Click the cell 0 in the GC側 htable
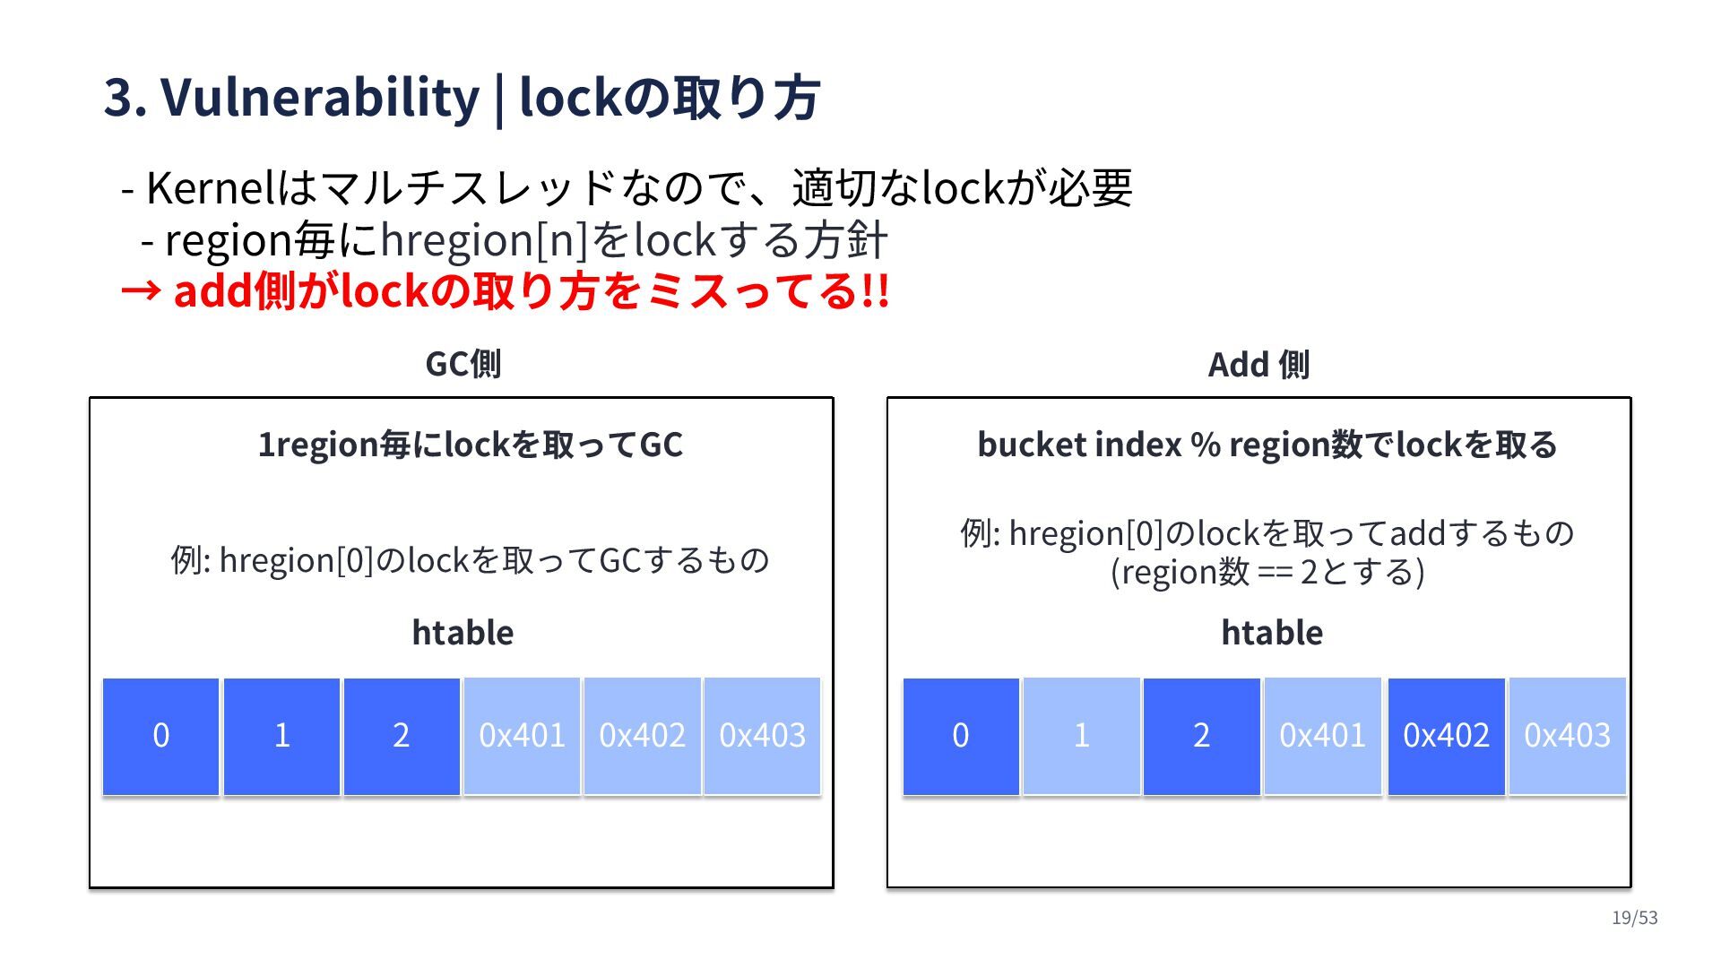pyautogui.click(x=160, y=736)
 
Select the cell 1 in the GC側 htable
pyautogui.click(x=281, y=736)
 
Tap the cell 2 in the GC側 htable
pyautogui.click(x=402, y=736)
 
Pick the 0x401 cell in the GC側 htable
pyautogui.click(x=522, y=736)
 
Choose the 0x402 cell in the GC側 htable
pyautogui.click(x=642, y=736)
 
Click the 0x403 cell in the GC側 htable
pyautogui.click(x=762, y=736)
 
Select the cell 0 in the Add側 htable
pyautogui.click(x=961, y=736)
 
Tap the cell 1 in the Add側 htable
pyautogui.click(x=1081, y=736)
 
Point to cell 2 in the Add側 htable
pyautogui.click(x=1201, y=736)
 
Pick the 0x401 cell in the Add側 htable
pyautogui.click(x=1322, y=736)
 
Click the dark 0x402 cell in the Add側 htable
pyautogui.click(x=1446, y=736)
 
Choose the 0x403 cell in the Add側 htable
pyautogui.click(x=1567, y=736)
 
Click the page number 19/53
pyautogui.click(x=1634, y=918)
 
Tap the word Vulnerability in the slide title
pyautogui.click(x=320, y=97)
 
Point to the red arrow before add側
pyautogui.click(x=141, y=290)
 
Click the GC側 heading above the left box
pyautogui.click(x=463, y=364)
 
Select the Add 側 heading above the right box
pyautogui.click(x=1258, y=365)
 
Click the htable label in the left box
pyautogui.click(x=463, y=633)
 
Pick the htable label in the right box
pyautogui.click(x=1272, y=633)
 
